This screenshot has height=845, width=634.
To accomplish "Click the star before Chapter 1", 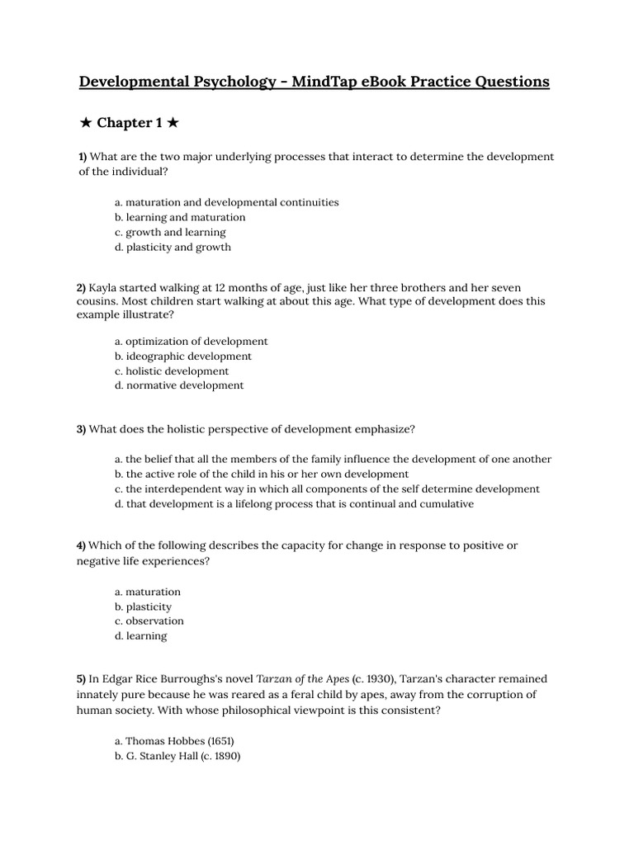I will tap(86, 123).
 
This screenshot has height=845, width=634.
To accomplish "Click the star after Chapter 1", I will tap(172, 123).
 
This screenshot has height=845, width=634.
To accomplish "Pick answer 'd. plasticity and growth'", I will tap(173, 247).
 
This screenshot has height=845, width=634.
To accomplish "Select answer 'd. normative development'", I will tap(180, 385).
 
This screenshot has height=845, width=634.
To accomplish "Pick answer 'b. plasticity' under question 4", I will tap(144, 607).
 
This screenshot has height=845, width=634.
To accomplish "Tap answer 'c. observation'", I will tap(149, 621).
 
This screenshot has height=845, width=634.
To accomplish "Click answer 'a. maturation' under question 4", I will tap(148, 592).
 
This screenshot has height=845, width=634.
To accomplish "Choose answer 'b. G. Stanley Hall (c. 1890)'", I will tap(177, 756).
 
